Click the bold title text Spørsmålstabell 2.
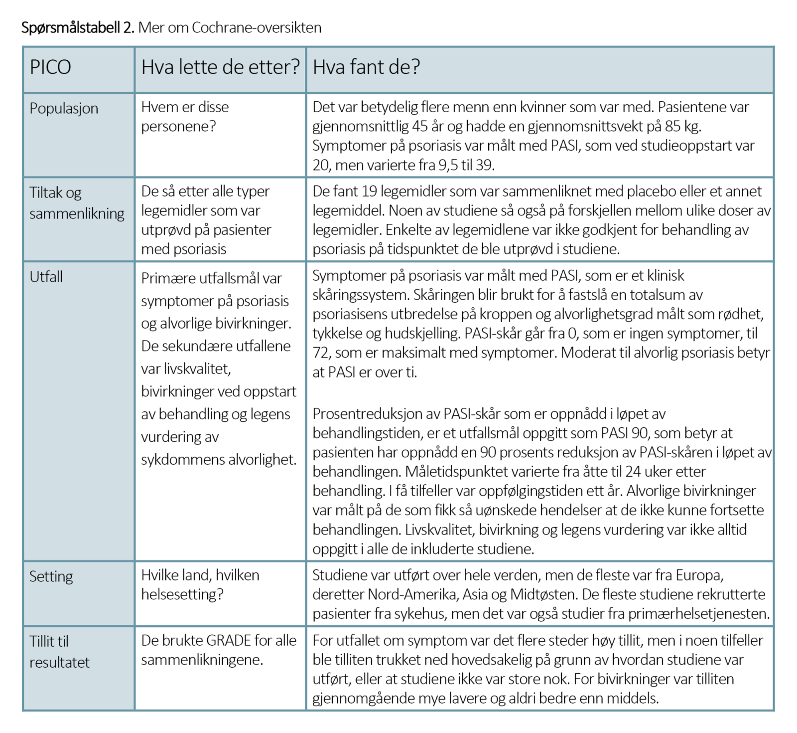pyautogui.click(x=78, y=27)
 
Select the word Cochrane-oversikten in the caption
pyautogui.click(x=257, y=27)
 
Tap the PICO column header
pyautogui.click(x=50, y=67)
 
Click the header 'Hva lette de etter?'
pyautogui.click(x=220, y=67)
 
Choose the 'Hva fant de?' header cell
pyautogui.click(x=366, y=67)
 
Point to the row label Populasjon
pyautogui.click(x=64, y=108)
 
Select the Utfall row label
pyautogui.click(x=46, y=277)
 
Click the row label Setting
pyautogui.click(x=51, y=576)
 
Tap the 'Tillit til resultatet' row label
pyautogui.click(x=59, y=652)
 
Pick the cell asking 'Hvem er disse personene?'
pyautogui.click(x=185, y=116)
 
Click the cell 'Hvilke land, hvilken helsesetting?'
pyautogui.click(x=200, y=584)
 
